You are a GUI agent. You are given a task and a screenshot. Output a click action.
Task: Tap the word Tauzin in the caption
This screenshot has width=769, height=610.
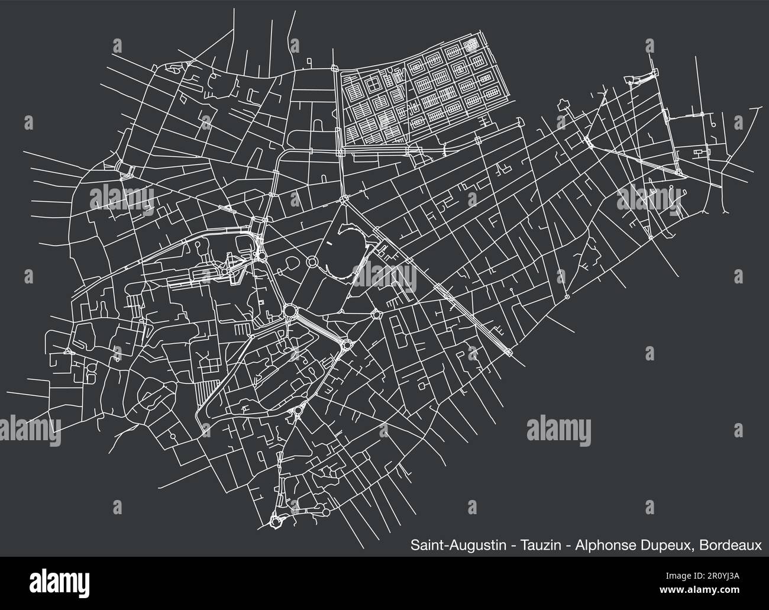(x=538, y=545)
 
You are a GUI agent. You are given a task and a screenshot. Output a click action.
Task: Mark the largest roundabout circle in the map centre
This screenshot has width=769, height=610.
(x=290, y=311)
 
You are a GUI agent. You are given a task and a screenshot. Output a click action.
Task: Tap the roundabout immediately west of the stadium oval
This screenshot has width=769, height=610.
(x=312, y=262)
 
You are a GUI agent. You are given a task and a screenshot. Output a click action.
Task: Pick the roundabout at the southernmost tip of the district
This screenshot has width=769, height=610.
(x=275, y=521)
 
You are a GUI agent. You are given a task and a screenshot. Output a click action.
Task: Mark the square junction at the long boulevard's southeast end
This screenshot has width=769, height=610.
(x=510, y=353)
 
